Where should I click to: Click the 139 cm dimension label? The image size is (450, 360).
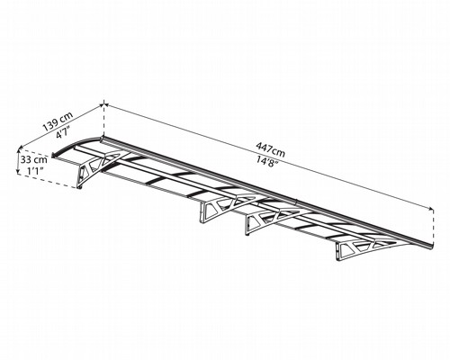(58, 121)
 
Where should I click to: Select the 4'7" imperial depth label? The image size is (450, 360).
(63, 132)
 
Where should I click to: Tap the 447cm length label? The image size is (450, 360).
(270, 149)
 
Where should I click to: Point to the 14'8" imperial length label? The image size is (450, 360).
(265, 161)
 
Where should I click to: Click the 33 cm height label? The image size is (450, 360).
(34, 159)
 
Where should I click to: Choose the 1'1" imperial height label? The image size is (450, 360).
(35, 171)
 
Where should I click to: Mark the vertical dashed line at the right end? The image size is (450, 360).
(433, 227)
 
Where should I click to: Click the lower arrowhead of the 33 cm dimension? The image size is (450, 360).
(19, 172)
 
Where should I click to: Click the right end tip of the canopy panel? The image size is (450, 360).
(432, 247)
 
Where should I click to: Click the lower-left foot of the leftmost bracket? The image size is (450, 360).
(80, 188)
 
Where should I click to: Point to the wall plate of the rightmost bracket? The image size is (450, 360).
(339, 251)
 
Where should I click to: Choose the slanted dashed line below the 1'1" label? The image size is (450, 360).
(48, 181)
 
